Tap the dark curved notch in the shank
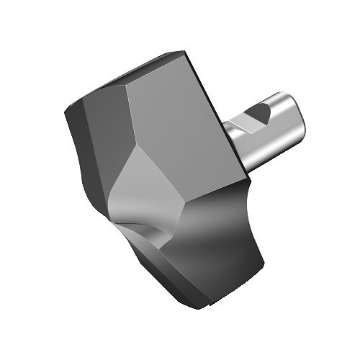click(258, 115)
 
